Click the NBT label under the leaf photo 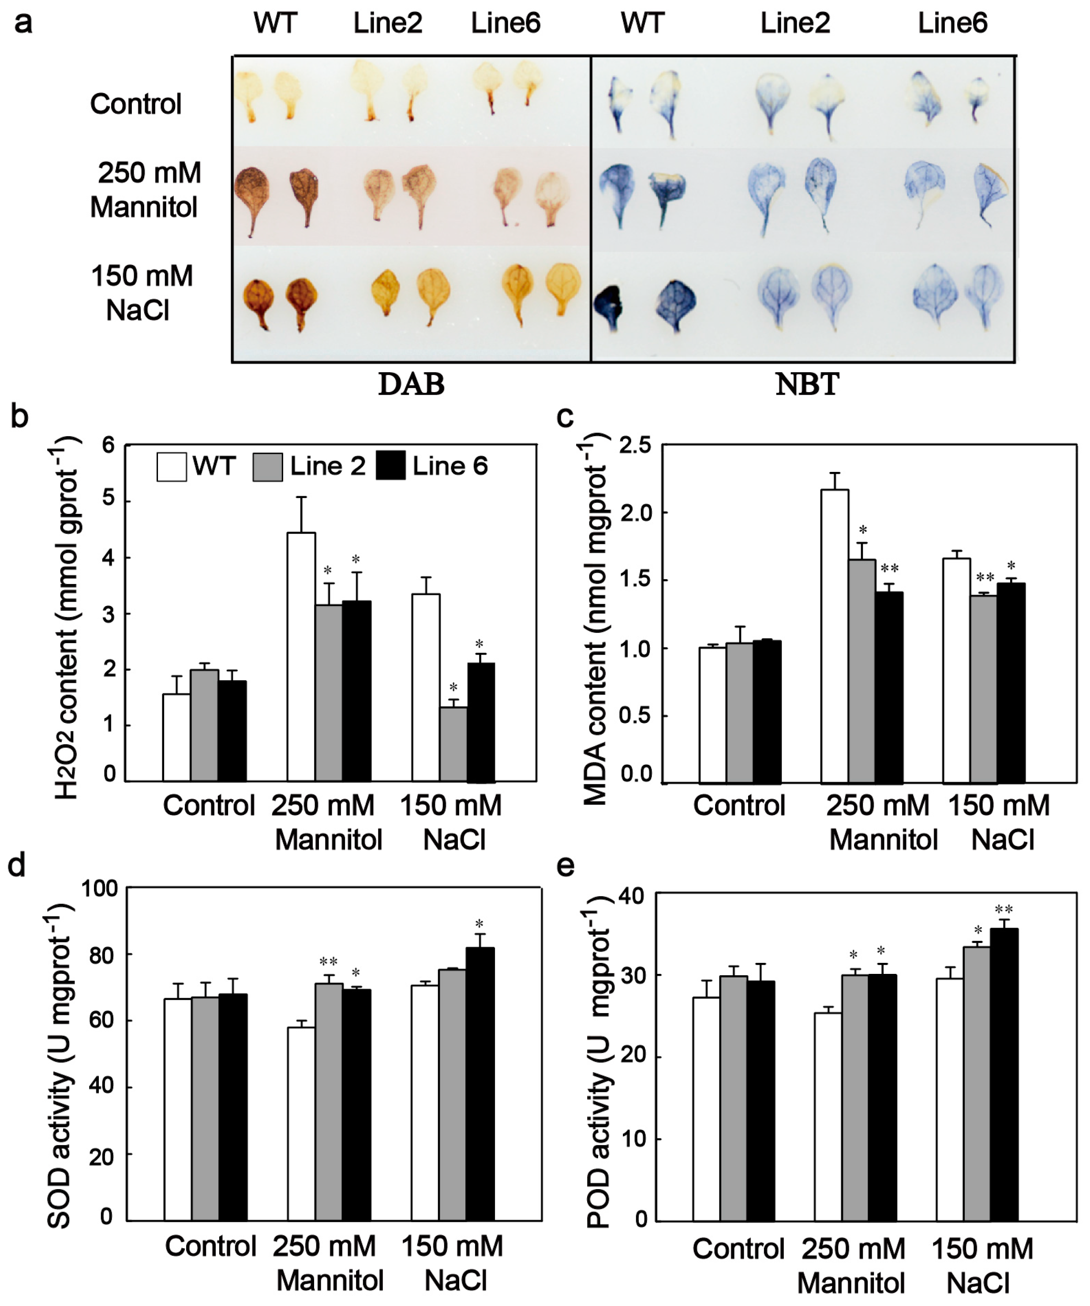tap(807, 384)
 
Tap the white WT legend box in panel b tap(171, 467)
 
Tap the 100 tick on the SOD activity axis tap(100, 889)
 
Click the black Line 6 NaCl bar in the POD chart tap(1004, 1075)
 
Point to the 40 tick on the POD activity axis tap(633, 896)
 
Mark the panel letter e tap(566, 866)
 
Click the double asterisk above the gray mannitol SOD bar tap(329, 962)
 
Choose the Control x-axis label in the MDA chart tap(739, 805)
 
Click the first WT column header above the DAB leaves tap(275, 24)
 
